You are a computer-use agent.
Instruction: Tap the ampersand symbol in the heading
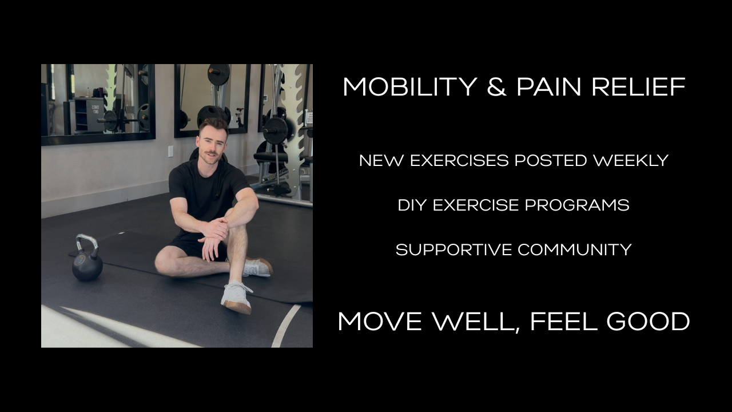tap(496, 87)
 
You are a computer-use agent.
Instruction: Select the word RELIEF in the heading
tap(639, 87)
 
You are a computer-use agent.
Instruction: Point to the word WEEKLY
tap(631, 161)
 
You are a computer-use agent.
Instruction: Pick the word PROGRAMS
tap(577, 205)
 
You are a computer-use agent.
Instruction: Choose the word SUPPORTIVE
tap(453, 250)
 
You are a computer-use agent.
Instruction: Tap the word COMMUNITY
tap(575, 250)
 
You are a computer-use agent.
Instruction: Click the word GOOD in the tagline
tap(648, 321)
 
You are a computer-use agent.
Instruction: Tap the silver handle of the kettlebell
tap(86, 243)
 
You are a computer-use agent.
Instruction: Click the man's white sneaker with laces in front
tap(237, 296)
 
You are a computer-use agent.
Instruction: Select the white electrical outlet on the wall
tap(170, 151)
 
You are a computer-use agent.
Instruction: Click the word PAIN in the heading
tap(548, 87)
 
